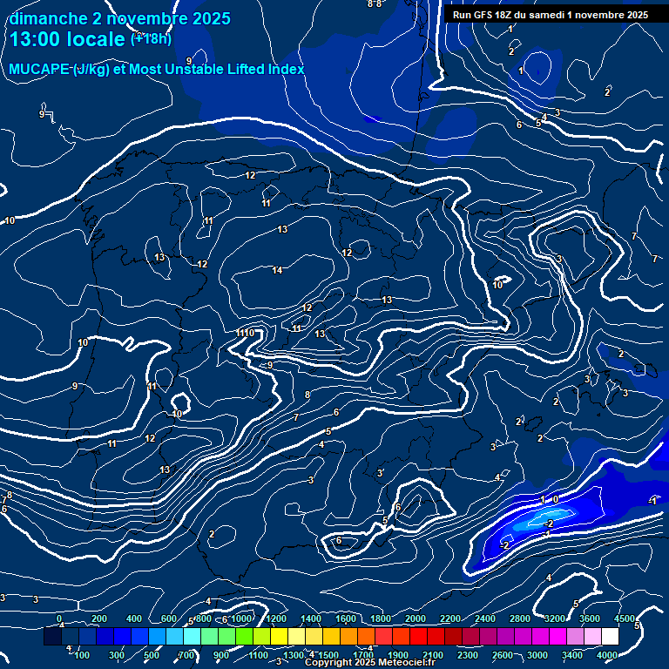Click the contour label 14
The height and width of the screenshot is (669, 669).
[x=277, y=271]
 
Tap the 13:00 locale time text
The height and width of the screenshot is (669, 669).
[x=67, y=39]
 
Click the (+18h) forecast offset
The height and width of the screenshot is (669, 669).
[x=151, y=38]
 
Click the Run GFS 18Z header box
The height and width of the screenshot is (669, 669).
[x=550, y=15]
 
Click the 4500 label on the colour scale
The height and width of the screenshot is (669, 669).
[x=624, y=618]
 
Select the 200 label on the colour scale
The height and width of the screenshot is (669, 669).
[x=99, y=618]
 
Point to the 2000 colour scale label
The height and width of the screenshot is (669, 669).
[x=416, y=618]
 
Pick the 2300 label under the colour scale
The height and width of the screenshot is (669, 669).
[x=468, y=655]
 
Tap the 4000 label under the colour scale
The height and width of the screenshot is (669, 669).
[x=608, y=655]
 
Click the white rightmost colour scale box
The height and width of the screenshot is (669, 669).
[x=610, y=637]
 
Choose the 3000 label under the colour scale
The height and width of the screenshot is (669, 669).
[x=537, y=655]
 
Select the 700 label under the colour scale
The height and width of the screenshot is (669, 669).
[x=186, y=655]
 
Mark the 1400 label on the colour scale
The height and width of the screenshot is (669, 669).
[x=310, y=618]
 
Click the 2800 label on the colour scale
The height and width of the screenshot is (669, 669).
[x=520, y=618]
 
